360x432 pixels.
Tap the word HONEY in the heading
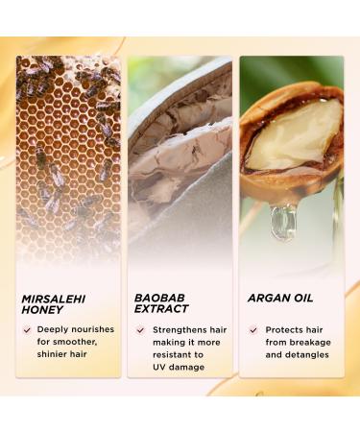tap(43, 311)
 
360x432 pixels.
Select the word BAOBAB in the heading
tap(156, 299)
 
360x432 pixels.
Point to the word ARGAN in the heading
tap(266, 299)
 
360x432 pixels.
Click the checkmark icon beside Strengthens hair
tap(139, 329)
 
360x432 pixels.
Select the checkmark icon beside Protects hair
tap(252, 329)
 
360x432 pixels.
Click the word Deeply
tap(53, 329)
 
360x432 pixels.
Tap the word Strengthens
tap(176, 329)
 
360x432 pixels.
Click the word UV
tap(159, 367)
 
